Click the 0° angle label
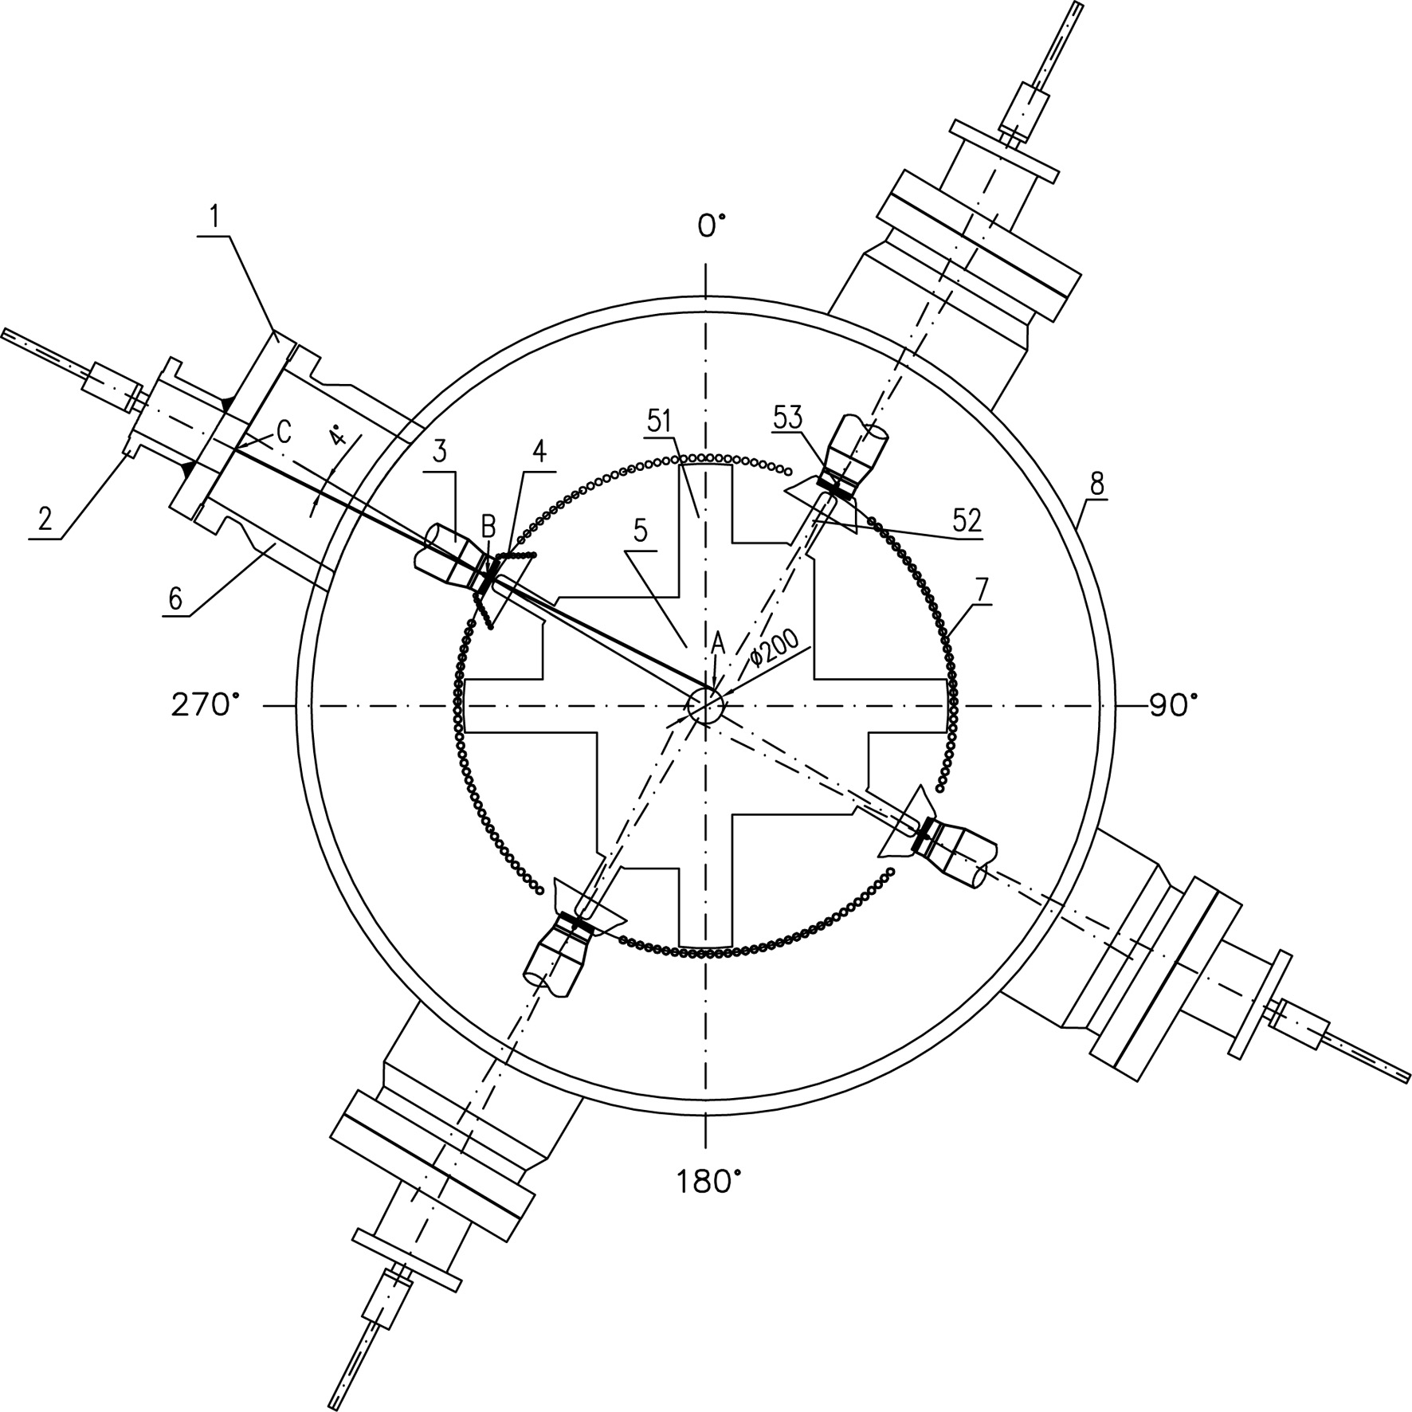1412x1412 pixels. [x=712, y=226]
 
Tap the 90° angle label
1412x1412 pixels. [x=1173, y=705]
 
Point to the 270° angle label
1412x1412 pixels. [x=206, y=705]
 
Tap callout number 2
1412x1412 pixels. [x=45, y=520]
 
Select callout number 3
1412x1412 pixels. [x=439, y=453]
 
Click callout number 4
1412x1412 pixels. [x=539, y=453]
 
